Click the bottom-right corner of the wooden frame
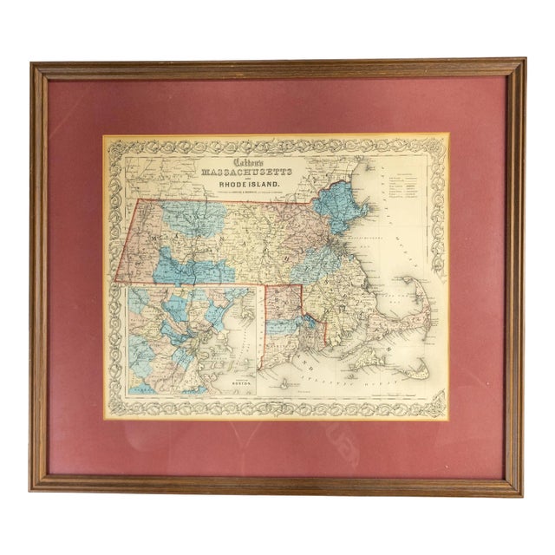[522, 492]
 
